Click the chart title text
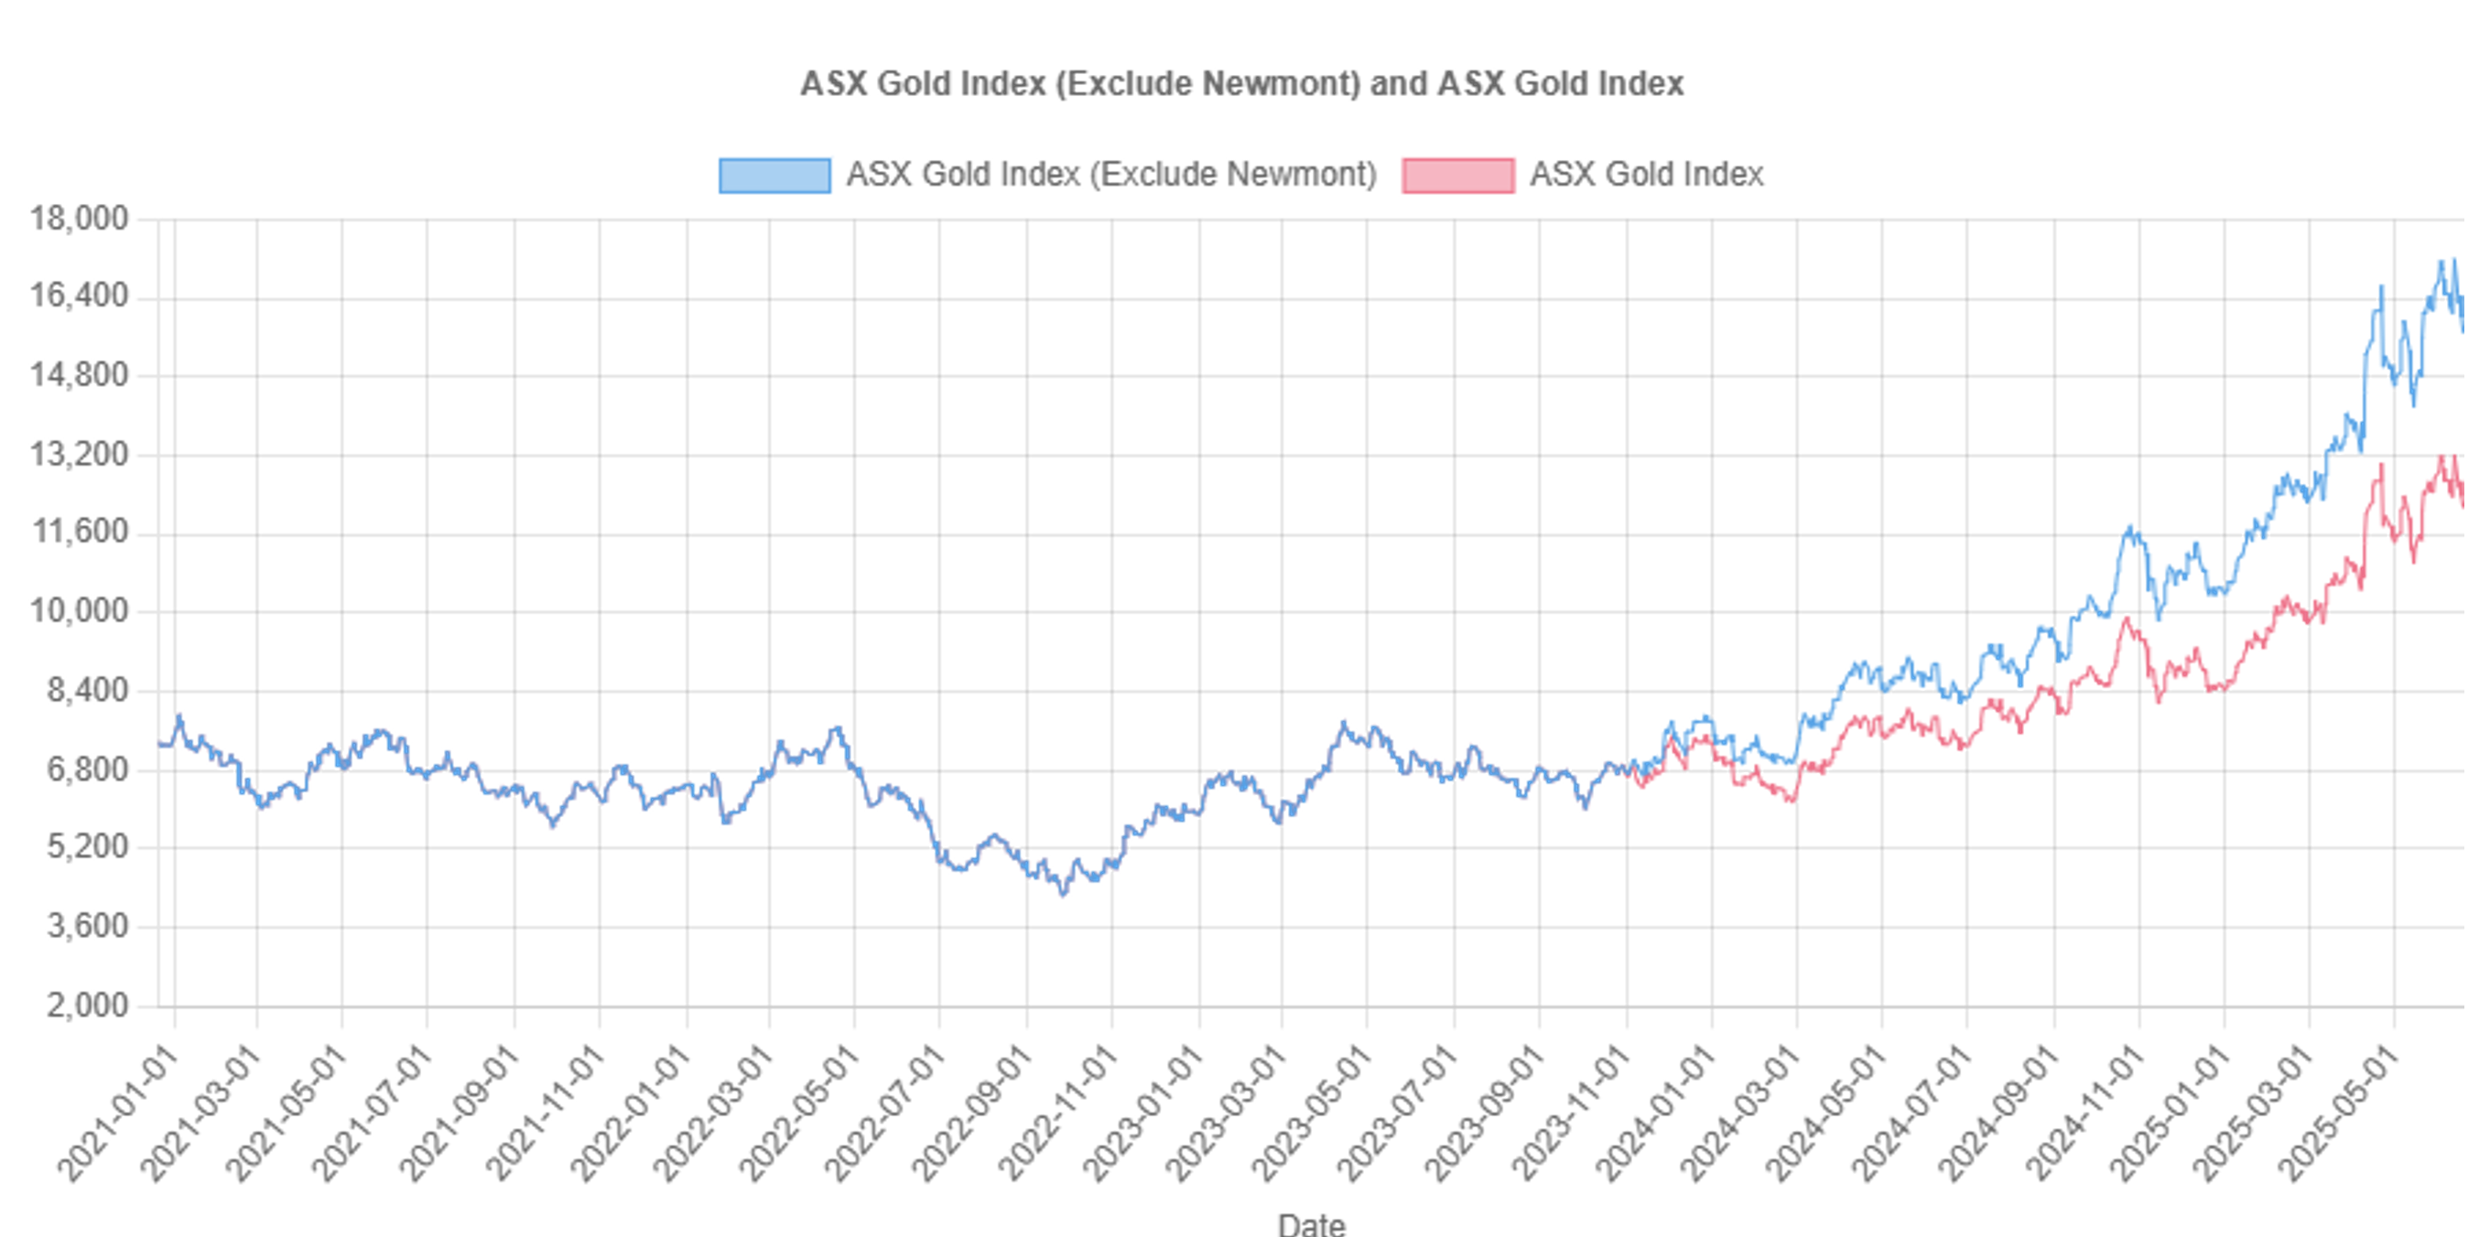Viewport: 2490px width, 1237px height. (x=1241, y=84)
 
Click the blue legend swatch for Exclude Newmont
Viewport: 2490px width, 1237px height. (x=774, y=175)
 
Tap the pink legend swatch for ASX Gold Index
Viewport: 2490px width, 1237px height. (x=1457, y=175)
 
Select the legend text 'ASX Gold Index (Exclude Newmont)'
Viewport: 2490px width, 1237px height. (x=1110, y=175)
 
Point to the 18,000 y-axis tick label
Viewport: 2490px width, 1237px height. (x=80, y=219)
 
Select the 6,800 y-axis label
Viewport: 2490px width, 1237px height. (x=87, y=769)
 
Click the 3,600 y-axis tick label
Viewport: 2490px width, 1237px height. (x=87, y=926)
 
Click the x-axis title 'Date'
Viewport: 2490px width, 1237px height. (x=1311, y=1223)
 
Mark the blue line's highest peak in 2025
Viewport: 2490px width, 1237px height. (x=2454, y=260)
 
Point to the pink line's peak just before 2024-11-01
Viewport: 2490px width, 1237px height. (x=2125, y=619)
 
